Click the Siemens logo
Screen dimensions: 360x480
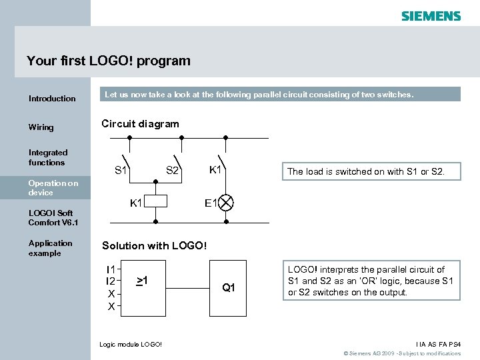click(431, 15)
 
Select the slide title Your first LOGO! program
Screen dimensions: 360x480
click(109, 61)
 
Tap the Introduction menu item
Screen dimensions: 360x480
click(52, 99)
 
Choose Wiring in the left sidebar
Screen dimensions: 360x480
click(41, 127)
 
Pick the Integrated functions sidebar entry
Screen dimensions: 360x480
click(47, 157)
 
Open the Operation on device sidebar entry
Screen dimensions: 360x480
click(53, 187)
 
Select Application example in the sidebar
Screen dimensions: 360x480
click(51, 248)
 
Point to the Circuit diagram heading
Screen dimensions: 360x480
click(140, 124)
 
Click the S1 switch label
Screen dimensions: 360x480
click(121, 171)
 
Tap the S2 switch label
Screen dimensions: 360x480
click(172, 171)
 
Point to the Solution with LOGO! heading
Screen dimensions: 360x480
click(154, 246)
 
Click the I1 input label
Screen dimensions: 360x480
click(111, 269)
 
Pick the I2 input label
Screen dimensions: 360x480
click(111, 281)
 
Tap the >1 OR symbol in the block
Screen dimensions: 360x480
click(141, 280)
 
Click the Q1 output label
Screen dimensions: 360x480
click(229, 288)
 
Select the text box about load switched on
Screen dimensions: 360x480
click(365, 172)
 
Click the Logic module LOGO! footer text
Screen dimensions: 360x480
click(131, 344)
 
